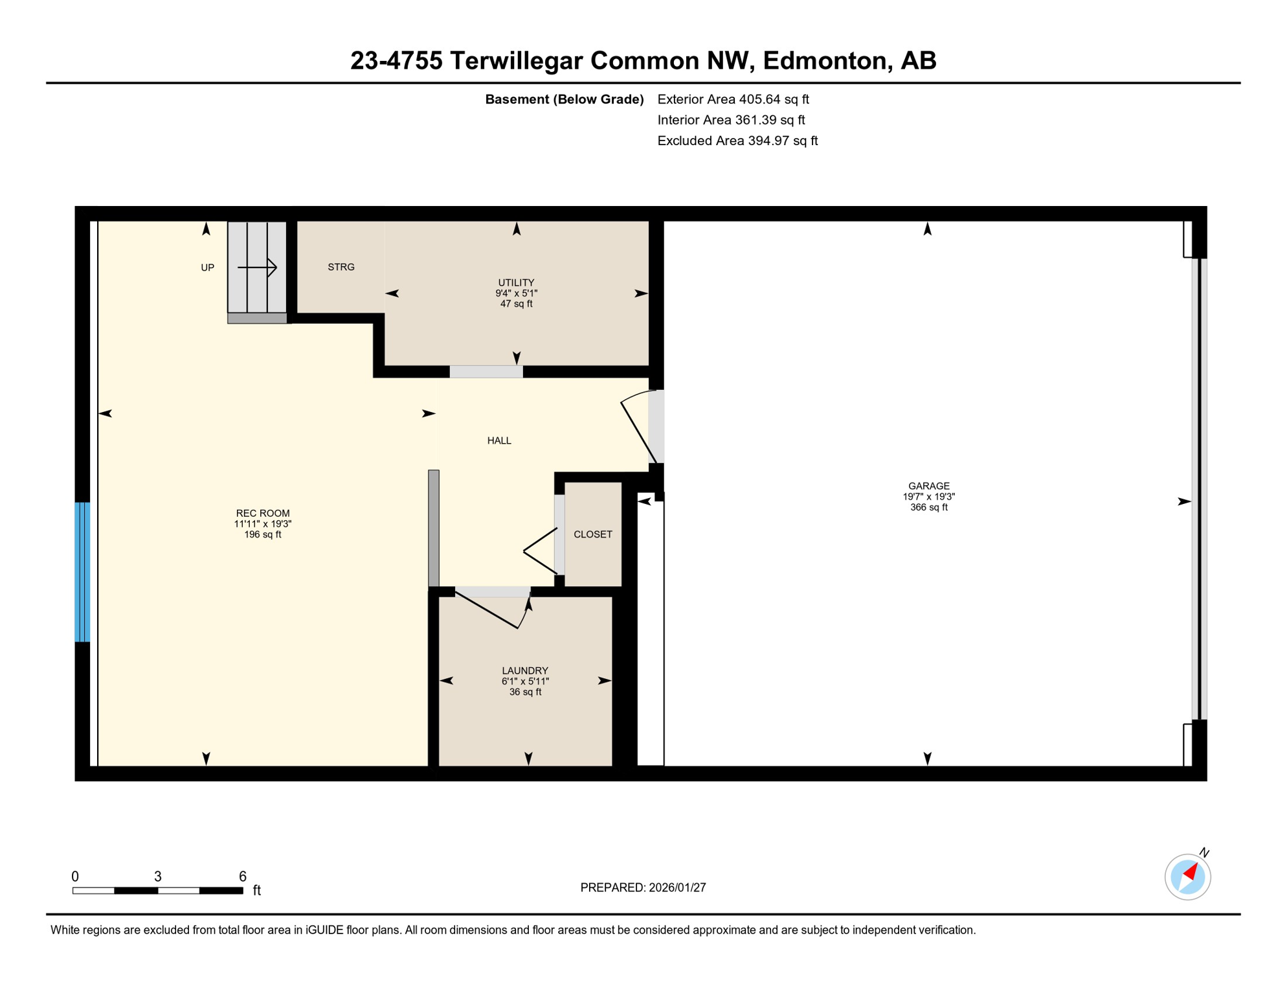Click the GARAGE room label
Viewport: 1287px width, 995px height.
(x=928, y=486)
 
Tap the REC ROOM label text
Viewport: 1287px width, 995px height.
(x=263, y=513)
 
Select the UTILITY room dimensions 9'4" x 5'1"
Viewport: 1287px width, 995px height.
(x=516, y=293)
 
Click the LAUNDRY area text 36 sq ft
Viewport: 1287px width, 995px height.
(x=525, y=692)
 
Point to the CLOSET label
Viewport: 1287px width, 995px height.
(x=592, y=534)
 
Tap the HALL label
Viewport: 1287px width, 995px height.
(x=499, y=440)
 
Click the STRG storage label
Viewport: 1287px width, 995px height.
(x=341, y=267)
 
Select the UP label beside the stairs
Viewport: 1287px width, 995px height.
(x=207, y=268)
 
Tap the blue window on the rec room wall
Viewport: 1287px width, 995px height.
(x=82, y=571)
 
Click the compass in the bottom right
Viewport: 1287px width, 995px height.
(x=1187, y=877)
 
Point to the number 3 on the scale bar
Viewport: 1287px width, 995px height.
(x=158, y=876)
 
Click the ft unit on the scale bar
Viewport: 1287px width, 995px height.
(x=257, y=890)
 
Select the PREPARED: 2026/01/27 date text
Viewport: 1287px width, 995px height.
(x=643, y=887)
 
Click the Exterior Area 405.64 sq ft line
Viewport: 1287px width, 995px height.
(x=733, y=99)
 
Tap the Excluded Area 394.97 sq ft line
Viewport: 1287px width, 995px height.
(x=737, y=141)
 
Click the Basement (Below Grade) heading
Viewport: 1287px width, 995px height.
(x=564, y=99)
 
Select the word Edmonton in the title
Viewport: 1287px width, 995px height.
(x=824, y=60)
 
